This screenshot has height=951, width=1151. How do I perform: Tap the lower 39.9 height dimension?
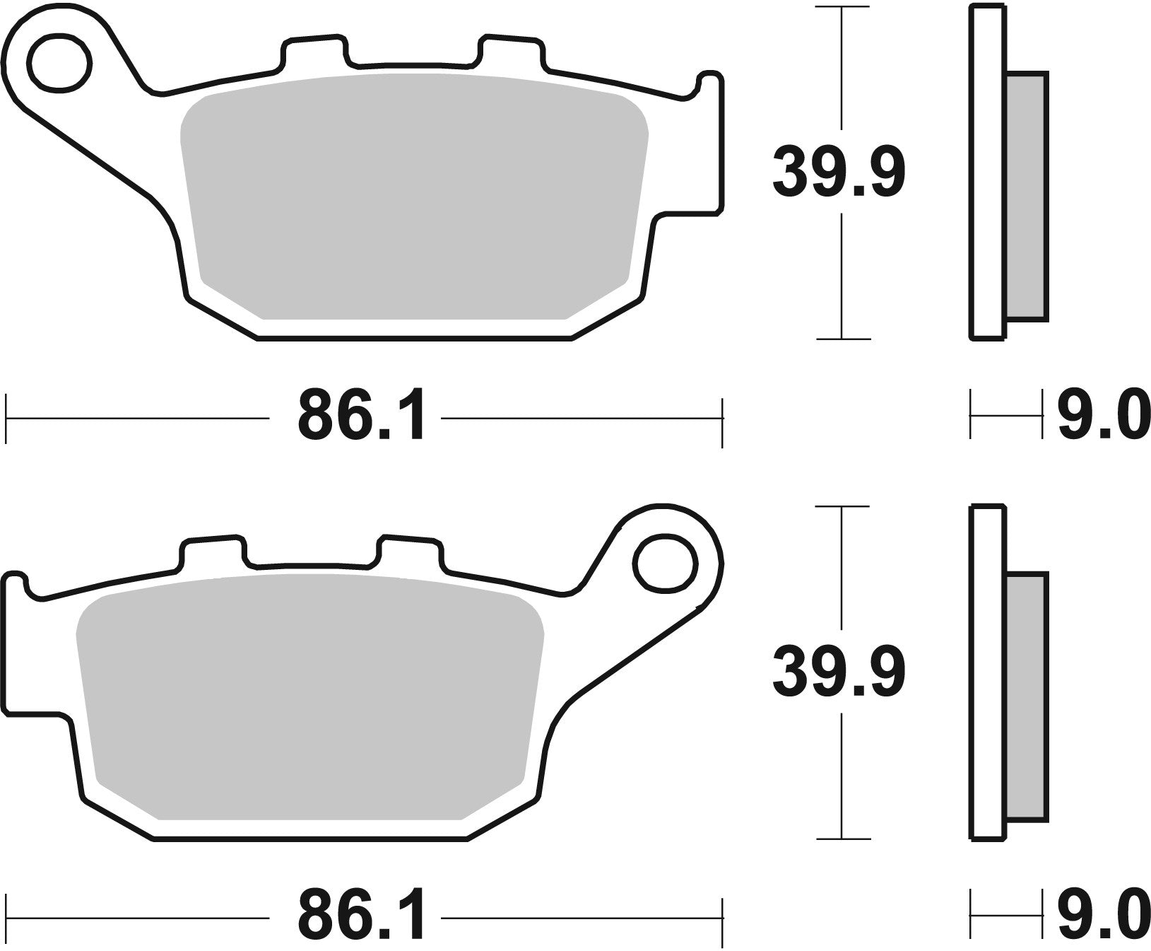pyautogui.click(x=839, y=674)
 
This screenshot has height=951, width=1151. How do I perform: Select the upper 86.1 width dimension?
pyautogui.click(x=361, y=418)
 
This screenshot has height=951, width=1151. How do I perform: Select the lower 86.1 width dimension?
pyautogui.click(x=361, y=918)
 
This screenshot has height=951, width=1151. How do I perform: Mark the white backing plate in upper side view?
pyautogui.click(x=988, y=173)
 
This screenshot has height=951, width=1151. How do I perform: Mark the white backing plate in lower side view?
pyautogui.click(x=988, y=672)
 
